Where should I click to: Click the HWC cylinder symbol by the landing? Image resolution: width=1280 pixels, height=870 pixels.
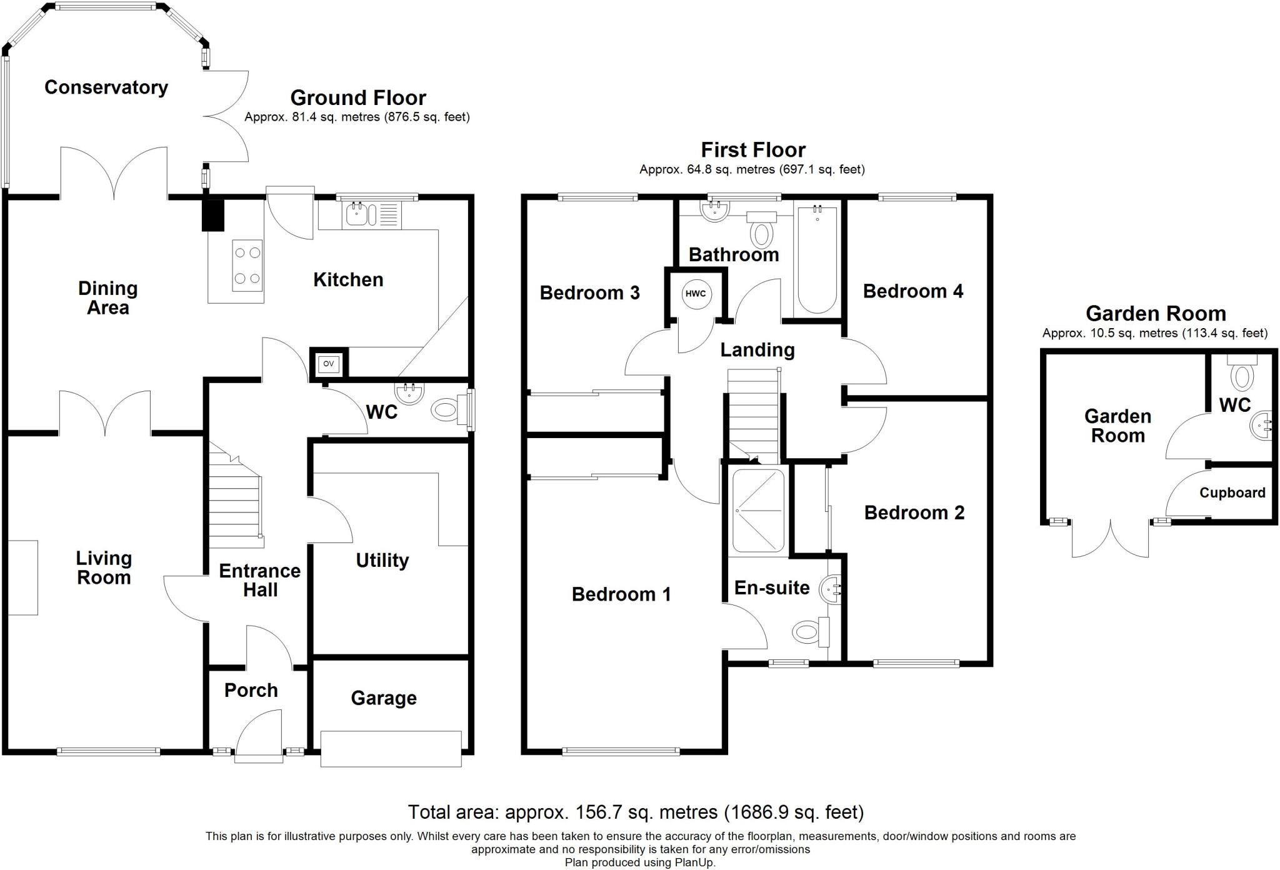(696, 294)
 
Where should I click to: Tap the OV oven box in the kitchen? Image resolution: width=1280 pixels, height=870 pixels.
(328, 364)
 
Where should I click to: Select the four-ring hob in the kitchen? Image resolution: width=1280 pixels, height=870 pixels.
(247, 266)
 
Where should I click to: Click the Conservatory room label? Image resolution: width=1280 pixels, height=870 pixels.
(106, 87)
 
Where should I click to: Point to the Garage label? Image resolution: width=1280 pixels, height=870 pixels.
(383, 698)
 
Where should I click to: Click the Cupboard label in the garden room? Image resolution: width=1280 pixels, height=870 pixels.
(1232, 492)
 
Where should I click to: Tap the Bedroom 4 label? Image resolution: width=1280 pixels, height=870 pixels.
(912, 291)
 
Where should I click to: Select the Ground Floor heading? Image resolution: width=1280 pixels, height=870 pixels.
(357, 98)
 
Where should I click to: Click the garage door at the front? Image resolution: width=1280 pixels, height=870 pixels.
(391, 749)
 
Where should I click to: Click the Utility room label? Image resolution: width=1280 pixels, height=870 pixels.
(382, 560)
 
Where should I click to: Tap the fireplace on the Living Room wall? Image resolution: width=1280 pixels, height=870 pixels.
(23, 577)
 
